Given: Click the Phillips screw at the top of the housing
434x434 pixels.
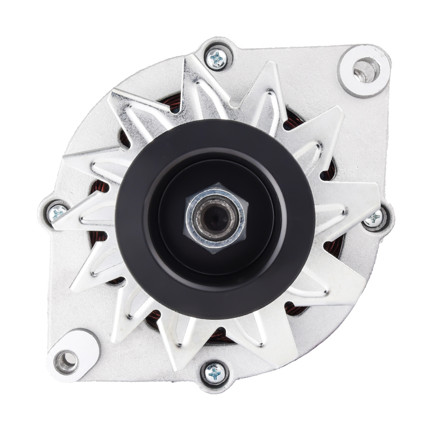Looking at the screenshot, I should pyautogui.click(x=218, y=58).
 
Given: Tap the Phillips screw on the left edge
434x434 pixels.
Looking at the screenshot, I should pyautogui.click(x=57, y=212).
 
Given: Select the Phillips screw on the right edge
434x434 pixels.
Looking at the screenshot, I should pyautogui.click(x=374, y=218).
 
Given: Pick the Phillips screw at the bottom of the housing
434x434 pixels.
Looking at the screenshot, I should pyautogui.click(x=215, y=372).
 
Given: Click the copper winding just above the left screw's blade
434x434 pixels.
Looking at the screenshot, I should pyautogui.click(x=100, y=191).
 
